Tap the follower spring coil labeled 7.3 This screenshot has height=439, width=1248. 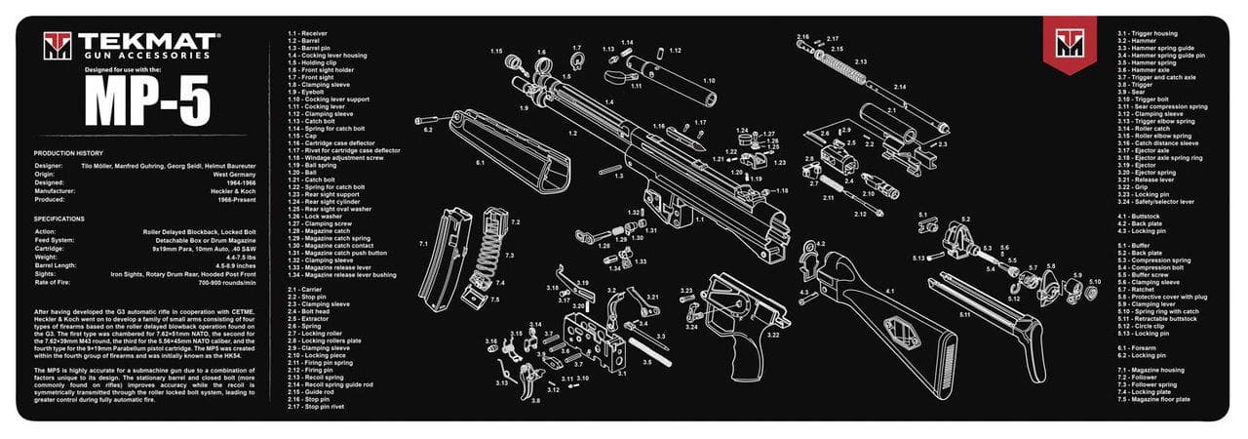point(488,244)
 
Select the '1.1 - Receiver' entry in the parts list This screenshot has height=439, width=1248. point(308,33)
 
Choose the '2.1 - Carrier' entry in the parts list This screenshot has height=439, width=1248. point(306,290)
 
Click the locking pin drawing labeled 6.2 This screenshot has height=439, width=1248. point(434,120)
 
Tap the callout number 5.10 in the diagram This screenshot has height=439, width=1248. point(1094,282)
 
